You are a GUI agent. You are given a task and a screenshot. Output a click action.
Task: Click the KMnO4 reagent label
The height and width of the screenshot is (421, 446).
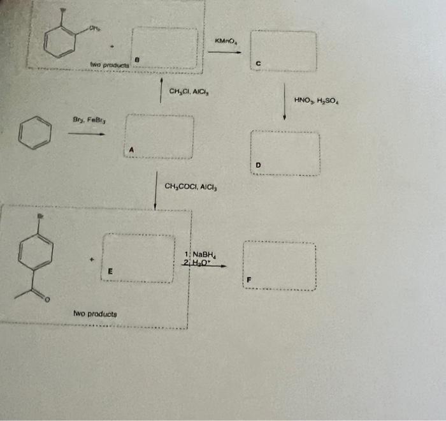pyautogui.click(x=226, y=42)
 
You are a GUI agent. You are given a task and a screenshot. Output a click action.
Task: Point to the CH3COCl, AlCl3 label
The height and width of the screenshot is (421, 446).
pyautogui.click(x=191, y=187)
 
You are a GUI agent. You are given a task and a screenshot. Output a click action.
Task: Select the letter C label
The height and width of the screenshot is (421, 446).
pyautogui.click(x=258, y=63)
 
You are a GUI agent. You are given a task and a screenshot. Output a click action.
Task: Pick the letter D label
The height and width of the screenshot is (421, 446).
pyautogui.click(x=258, y=165)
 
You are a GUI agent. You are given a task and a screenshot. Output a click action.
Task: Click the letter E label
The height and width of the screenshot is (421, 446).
pyautogui.click(x=110, y=272)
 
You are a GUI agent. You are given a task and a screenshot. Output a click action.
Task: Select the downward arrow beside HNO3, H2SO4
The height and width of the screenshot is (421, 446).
pyautogui.click(x=284, y=102)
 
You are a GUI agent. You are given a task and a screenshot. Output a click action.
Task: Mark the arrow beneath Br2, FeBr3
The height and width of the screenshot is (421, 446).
pyautogui.click(x=85, y=134)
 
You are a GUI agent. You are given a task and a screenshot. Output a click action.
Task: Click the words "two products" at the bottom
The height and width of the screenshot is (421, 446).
pyautogui.click(x=94, y=314)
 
